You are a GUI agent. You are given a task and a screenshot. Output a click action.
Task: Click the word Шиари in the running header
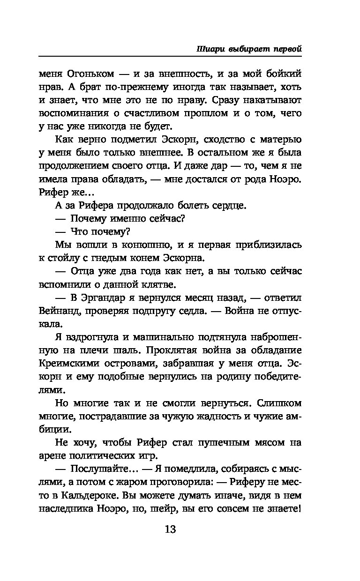coord(208,48)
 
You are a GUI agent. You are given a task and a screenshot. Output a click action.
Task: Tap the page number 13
coord(170,530)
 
